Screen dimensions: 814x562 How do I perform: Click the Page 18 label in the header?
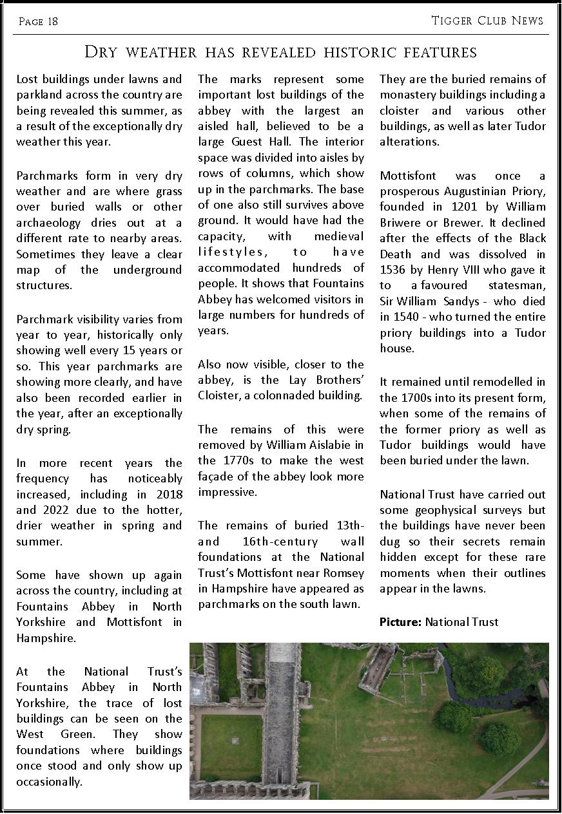point(38,22)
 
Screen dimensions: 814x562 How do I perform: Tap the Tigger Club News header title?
point(487,21)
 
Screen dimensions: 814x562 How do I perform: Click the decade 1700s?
point(418,397)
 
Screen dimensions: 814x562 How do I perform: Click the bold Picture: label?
point(400,621)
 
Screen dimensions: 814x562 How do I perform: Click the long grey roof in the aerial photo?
point(281,708)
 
